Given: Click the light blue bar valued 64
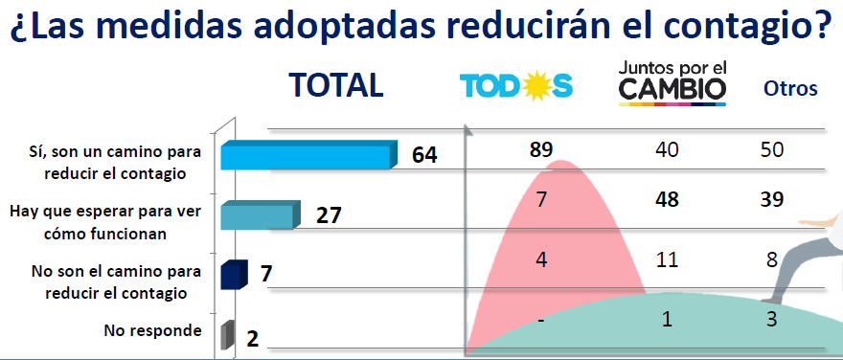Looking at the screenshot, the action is click(309, 155).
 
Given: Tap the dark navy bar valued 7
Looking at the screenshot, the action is click(234, 275).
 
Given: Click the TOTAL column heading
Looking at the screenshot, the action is click(336, 85).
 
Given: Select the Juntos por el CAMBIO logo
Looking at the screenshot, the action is click(672, 82).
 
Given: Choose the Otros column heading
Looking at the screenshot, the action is click(790, 88).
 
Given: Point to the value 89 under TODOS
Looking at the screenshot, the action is click(540, 150).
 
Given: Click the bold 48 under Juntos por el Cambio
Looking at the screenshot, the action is click(667, 200).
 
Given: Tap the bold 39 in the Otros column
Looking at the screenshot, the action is click(771, 200).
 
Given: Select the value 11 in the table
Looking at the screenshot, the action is click(667, 260).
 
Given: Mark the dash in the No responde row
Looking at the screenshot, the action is click(541, 321).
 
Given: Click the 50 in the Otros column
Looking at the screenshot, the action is click(771, 150).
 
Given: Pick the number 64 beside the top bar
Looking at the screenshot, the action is click(424, 155).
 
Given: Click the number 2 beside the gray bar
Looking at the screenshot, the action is click(253, 339).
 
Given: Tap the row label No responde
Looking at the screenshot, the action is click(152, 330).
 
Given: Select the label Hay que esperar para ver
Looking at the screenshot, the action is click(106, 212).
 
